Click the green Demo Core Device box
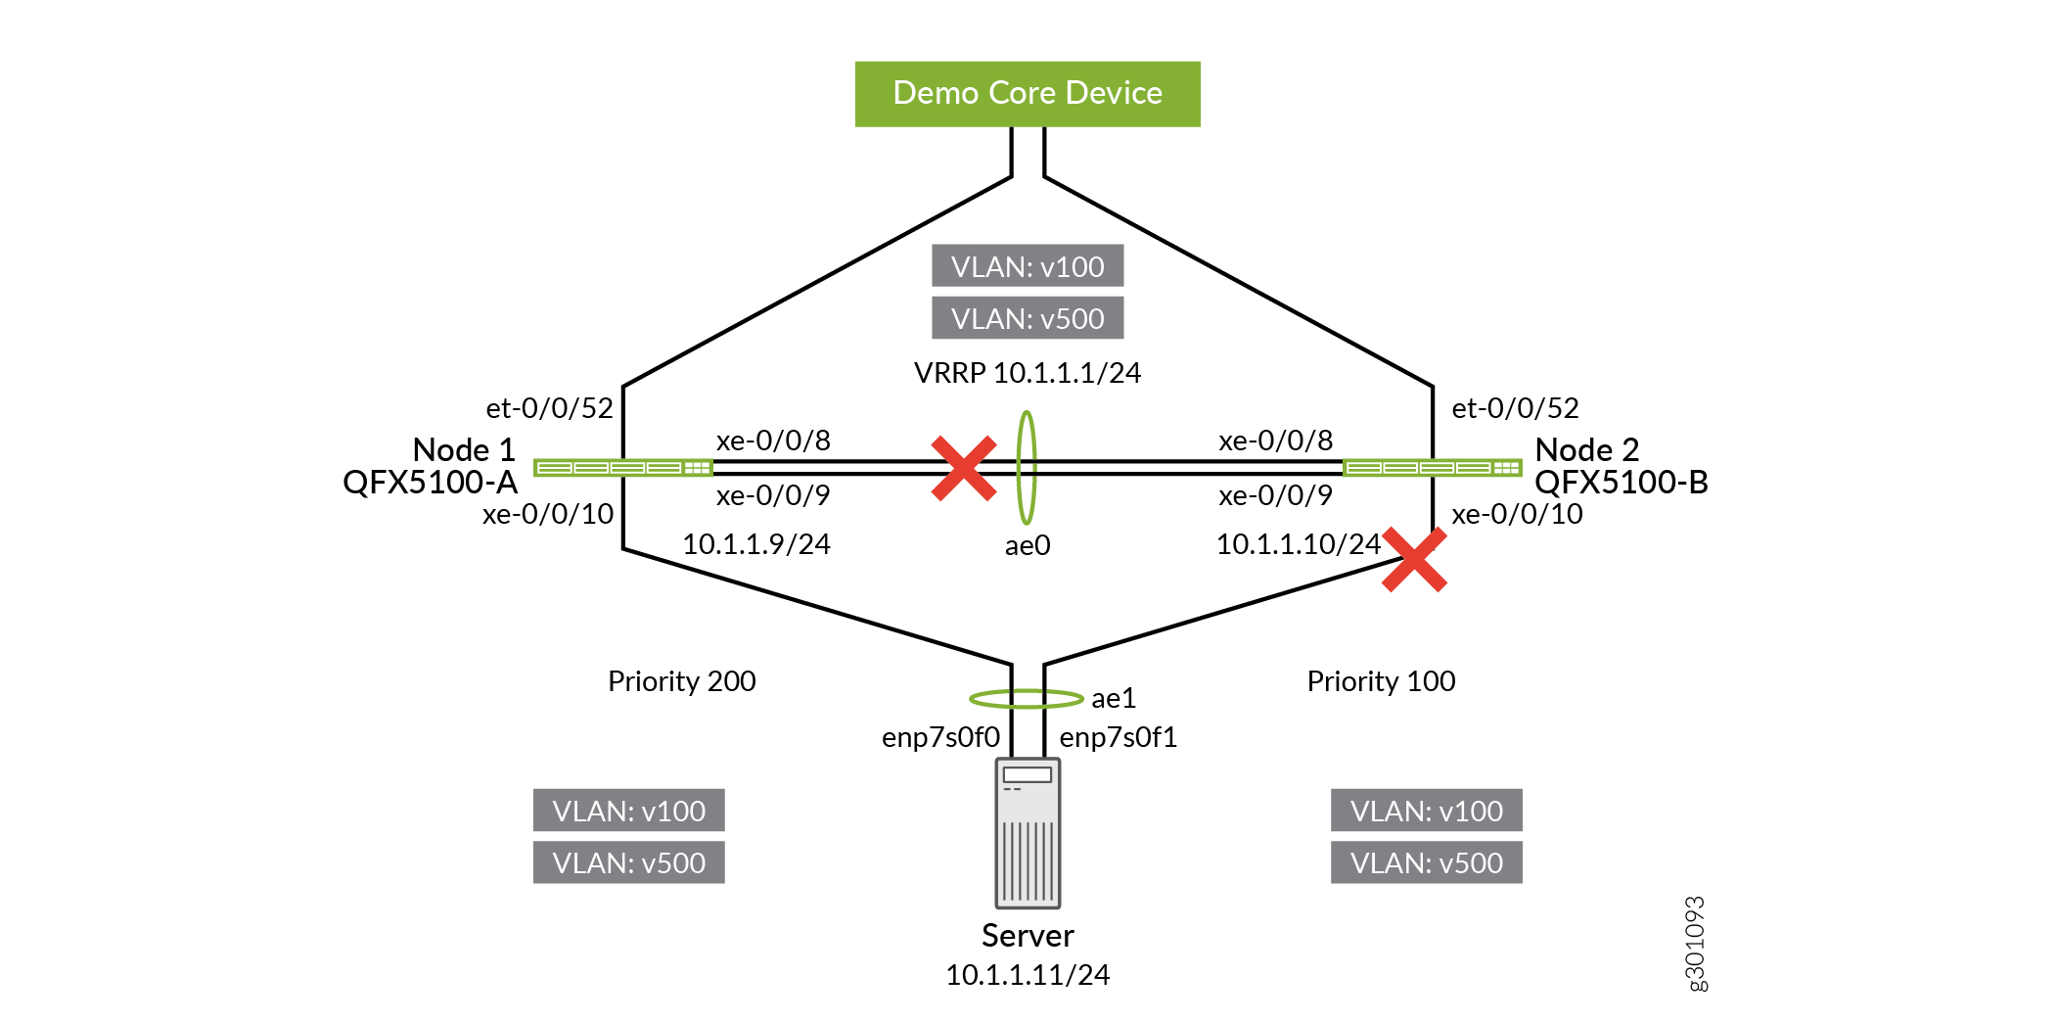[1028, 94]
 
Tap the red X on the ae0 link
[964, 468]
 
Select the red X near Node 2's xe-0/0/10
[1414, 560]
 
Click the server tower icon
[1028, 833]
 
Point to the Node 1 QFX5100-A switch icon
[622, 468]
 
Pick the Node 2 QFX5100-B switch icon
[1433, 468]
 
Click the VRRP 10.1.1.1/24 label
[1028, 373]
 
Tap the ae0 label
[1028, 545]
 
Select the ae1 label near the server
[1114, 698]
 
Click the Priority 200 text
[681, 681]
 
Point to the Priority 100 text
[1381, 681]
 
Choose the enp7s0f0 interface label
[940, 737]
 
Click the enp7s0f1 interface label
[1118, 737]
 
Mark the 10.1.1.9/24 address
[755, 544]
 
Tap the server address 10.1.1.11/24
[1028, 975]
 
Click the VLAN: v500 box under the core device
[1028, 318]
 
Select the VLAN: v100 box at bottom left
[629, 811]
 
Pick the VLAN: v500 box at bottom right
[1426, 862]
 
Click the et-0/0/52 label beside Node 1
[549, 408]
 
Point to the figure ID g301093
[1695, 944]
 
